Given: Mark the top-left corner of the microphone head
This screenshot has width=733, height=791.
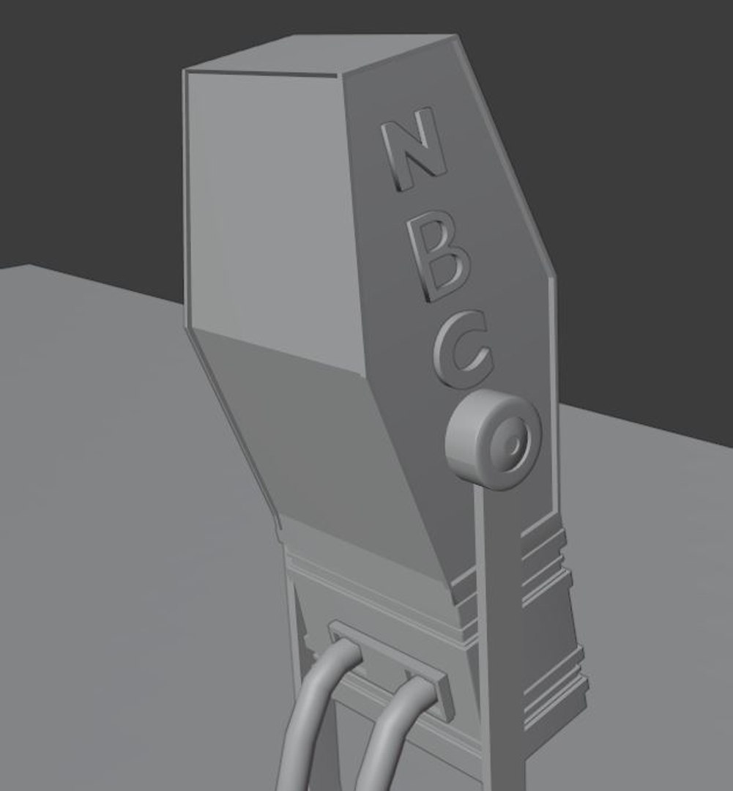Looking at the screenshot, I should coord(186,72).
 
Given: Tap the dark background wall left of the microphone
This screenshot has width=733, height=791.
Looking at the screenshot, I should coord(88,132).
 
